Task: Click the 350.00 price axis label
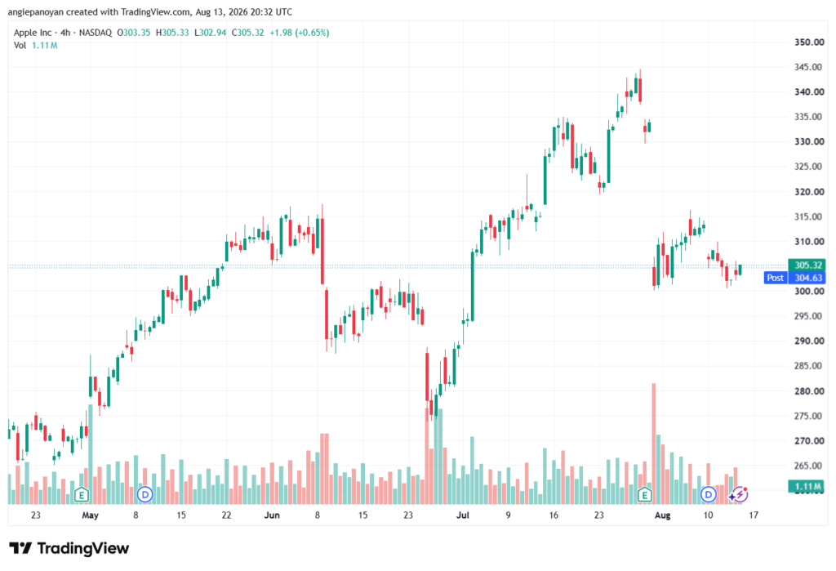click(x=809, y=42)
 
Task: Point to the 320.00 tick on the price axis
click(x=809, y=192)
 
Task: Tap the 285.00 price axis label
click(x=809, y=366)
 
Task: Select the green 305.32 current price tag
click(x=808, y=265)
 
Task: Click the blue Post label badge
click(x=776, y=278)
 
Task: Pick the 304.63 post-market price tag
click(x=808, y=278)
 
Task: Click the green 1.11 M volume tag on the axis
click(x=808, y=486)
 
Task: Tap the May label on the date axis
click(x=90, y=515)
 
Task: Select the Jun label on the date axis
click(x=272, y=515)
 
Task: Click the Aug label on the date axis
click(x=663, y=515)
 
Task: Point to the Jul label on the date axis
click(x=463, y=515)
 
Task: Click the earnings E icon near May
click(x=82, y=495)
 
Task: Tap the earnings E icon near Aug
click(x=645, y=495)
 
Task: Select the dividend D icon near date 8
click(x=145, y=495)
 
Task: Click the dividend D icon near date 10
click(x=708, y=495)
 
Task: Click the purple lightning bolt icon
click(x=740, y=495)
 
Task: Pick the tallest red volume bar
click(x=654, y=444)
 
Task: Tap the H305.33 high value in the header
click(x=172, y=33)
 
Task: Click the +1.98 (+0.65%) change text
click(x=299, y=33)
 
